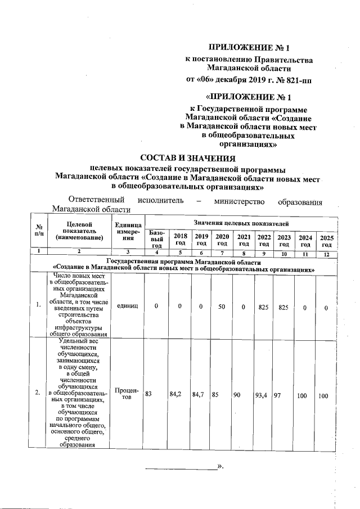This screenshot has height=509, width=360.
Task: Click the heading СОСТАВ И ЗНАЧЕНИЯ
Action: pyautogui.click(x=187, y=158)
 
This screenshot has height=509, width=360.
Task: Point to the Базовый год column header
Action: pyautogui.click(x=157, y=239)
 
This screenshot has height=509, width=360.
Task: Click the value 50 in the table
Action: pyautogui.click(x=222, y=304)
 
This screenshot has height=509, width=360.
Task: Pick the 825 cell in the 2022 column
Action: pyautogui.click(x=263, y=304)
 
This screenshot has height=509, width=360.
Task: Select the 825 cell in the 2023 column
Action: pyautogui.click(x=283, y=304)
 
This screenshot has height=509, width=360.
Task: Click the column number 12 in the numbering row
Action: pyautogui.click(x=326, y=254)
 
